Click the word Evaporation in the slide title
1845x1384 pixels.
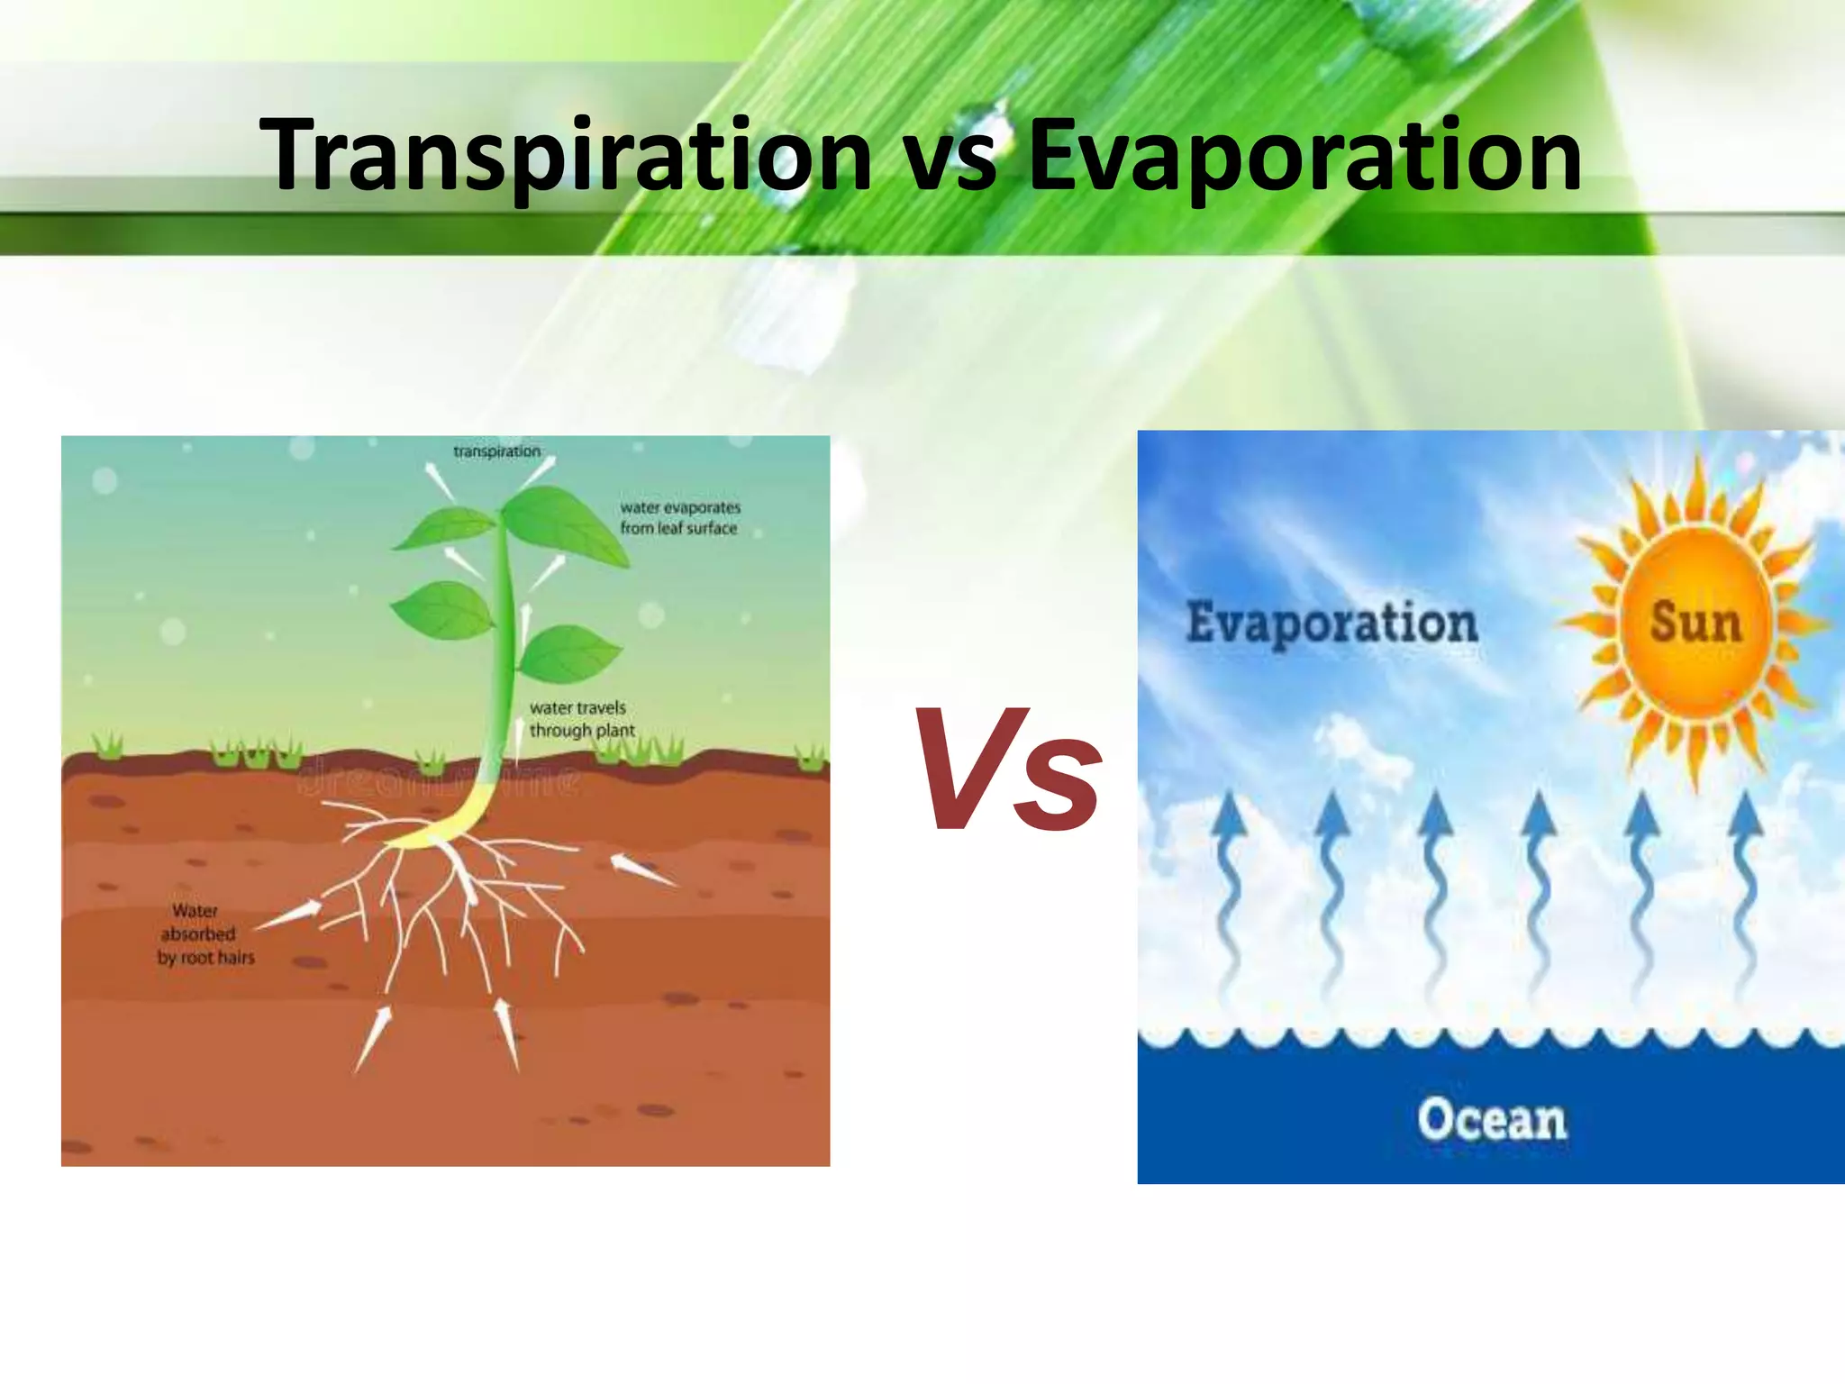[x=1304, y=155]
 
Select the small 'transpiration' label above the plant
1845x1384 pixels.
[x=496, y=451]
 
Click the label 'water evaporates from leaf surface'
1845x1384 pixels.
[x=680, y=518]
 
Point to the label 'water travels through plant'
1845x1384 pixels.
[x=581, y=719]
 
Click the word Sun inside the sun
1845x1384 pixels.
[x=1695, y=623]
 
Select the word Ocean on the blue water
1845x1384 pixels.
[x=1492, y=1120]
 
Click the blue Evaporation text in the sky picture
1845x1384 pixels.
[x=1331, y=623]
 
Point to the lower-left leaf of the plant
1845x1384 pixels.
[x=443, y=610]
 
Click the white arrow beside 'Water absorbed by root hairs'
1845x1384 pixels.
[x=288, y=915]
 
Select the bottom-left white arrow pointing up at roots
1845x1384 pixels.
[x=373, y=1038]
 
